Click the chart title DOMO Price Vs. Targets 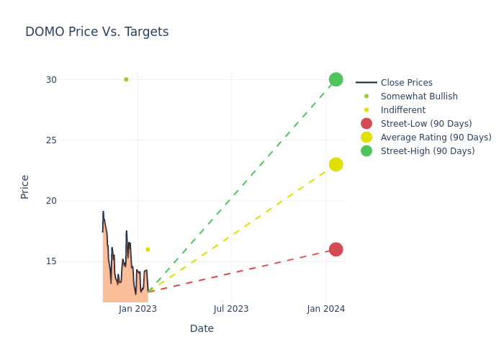(x=96, y=32)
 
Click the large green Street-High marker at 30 (x=336, y=79)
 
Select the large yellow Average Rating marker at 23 (x=336, y=164)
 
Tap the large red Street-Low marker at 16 (x=336, y=249)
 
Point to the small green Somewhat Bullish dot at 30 (x=126, y=79)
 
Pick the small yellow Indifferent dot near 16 (x=148, y=249)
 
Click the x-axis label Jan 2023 (x=138, y=309)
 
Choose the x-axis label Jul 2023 (x=231, y=309)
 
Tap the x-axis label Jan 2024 (x=326, y=309)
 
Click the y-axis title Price (x=25, y=186)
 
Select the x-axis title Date (x=202, y=328)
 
